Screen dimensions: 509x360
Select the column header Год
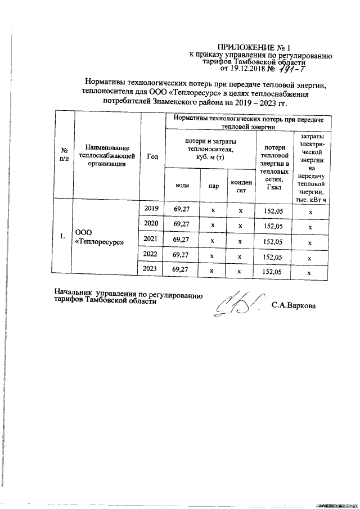click(x=152, y=156)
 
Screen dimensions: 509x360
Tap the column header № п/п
click(x=65, y=155)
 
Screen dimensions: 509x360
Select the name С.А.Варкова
click(x=293, y=306)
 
